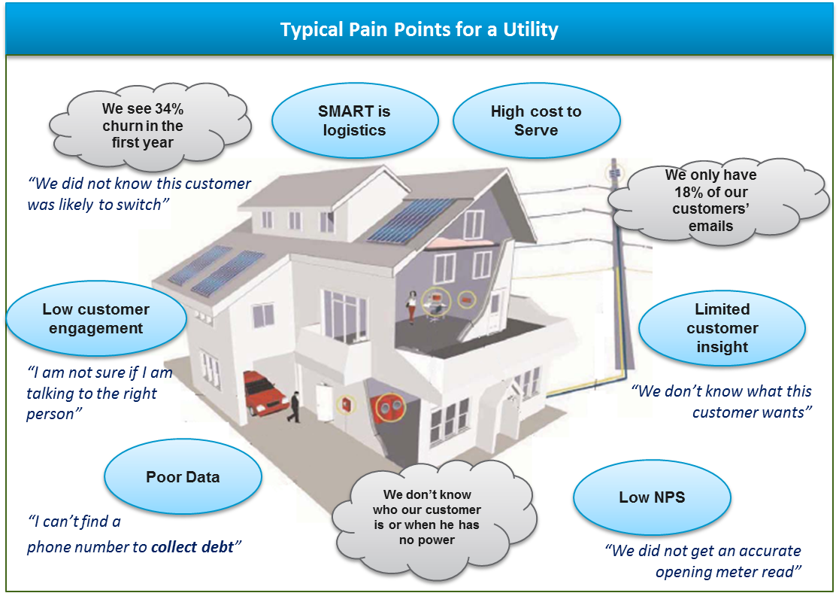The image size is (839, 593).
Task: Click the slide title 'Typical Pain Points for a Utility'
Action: tap(419, 30)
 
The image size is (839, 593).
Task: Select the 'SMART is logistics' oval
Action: tap(354, 120)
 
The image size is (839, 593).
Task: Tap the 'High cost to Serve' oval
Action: tap(536, 120)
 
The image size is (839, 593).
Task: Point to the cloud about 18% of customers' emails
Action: tap(710, 199)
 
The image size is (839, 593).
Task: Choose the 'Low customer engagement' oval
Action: tap(95, 319)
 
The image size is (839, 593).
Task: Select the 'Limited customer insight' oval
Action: tap(722, 328)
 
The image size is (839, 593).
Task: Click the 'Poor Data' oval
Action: tap(183, 477)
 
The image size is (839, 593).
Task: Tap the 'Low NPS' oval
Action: tap(652, 497)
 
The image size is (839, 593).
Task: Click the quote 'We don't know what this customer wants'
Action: tap(722, 401)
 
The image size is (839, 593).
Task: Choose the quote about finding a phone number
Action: tap(132, 534)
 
